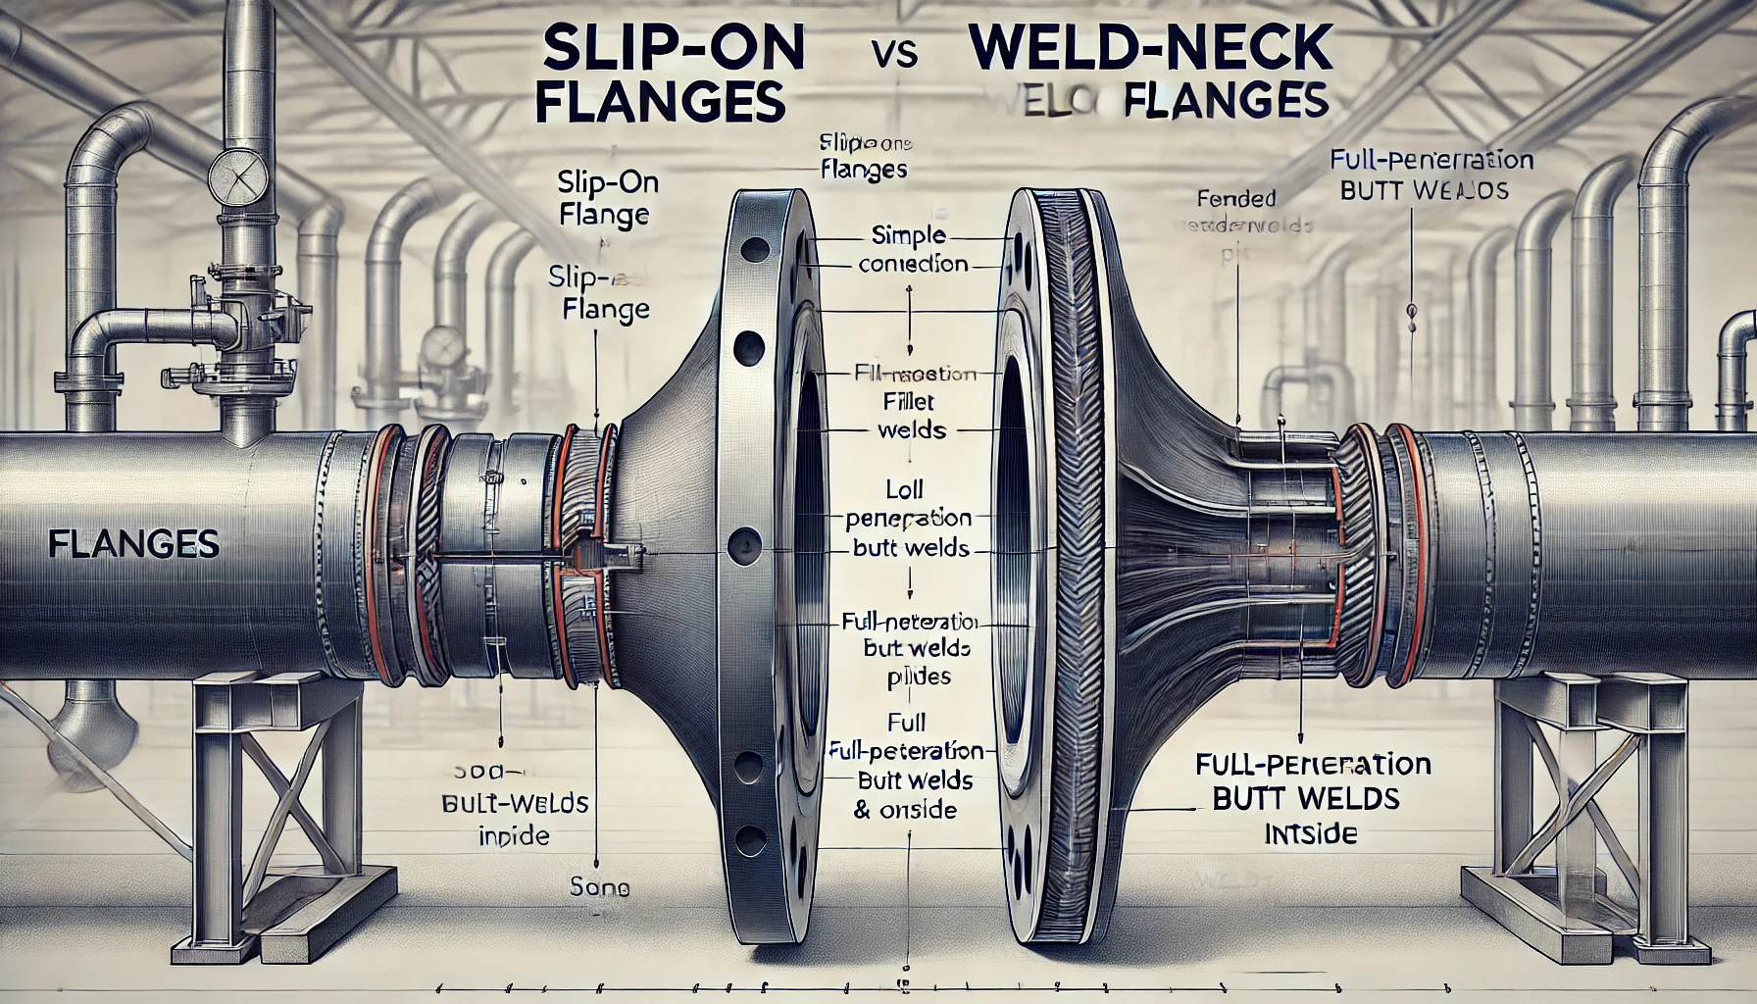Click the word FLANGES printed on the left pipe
pyautogui.click(x=133, y=543)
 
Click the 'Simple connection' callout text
pyautogui.click(x=913, y=250)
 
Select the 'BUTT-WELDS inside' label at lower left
pyautogui.click(x=515, y=819)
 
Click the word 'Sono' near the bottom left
pyautogui.click(x=598, y=888)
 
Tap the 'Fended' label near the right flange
pyautogui.click(x=1236, y=198)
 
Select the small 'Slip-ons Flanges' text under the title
pyautogui.click(x=863, y=157)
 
